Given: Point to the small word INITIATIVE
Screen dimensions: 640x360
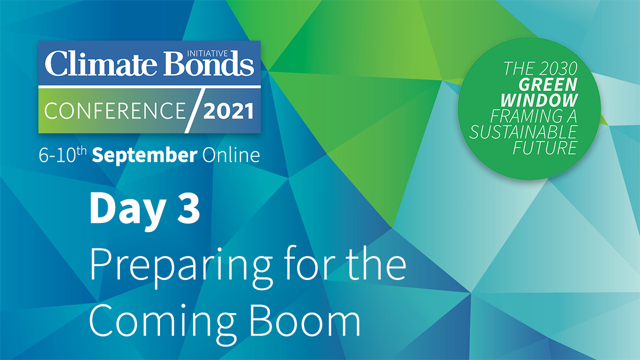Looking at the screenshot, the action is click(207, 53).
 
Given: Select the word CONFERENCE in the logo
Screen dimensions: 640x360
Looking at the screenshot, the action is click(115, 111).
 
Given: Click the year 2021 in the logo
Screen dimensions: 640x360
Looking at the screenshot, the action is click(228, 111).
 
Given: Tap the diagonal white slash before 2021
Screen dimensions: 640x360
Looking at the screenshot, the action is click(195, 111).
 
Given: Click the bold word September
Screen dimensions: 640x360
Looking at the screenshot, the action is click(145, 155).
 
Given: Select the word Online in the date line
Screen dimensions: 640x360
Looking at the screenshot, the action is click(231, 155).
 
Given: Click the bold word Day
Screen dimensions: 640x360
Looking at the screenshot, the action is click(127, 210).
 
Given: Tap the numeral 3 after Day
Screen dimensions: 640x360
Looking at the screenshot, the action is click(188, 209).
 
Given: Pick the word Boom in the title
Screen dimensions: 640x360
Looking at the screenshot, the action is click(305, 321).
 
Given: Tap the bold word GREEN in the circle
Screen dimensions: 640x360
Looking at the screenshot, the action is click(548, 85).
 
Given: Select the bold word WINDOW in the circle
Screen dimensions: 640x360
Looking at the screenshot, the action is click(539, 100).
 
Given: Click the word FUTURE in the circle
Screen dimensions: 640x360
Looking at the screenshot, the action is click(545, 148).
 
